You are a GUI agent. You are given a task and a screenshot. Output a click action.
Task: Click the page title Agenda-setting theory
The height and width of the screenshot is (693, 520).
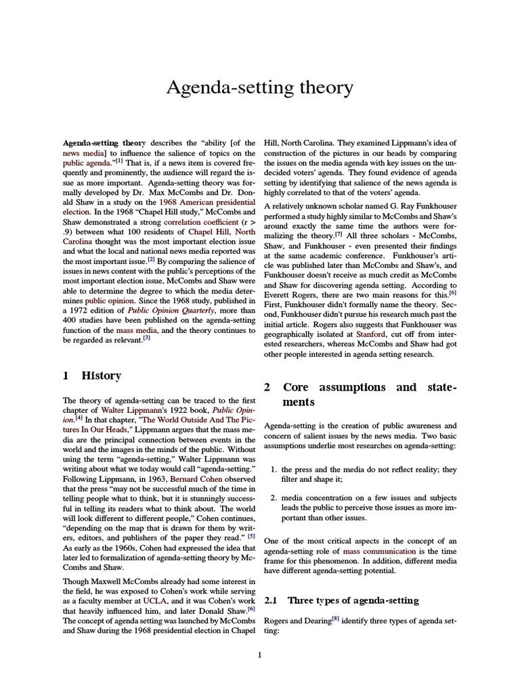pyautogui.click(x=260, y=88)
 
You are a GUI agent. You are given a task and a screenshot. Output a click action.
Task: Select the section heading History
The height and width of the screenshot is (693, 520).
pyautogui.click(x=101, y=375)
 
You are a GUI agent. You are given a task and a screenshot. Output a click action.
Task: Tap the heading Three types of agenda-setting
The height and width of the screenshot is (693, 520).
pyautogui.click(x=353, y=600)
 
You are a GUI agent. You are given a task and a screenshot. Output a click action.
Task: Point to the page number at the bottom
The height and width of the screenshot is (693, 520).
pyautogui.click(x=260, y=654)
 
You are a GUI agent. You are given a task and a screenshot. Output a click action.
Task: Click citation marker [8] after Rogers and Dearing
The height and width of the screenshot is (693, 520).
pyautogui.click(x=334, y=617)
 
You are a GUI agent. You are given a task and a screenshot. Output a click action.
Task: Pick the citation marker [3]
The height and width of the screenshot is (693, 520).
pyautogui.click(x=146, y=338)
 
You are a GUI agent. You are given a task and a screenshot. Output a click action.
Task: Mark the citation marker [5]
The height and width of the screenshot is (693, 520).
pyautogui.click(x=251, y=536)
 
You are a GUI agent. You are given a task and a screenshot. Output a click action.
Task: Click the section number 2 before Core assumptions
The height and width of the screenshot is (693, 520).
pyautogui.click(x=267, y=387)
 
